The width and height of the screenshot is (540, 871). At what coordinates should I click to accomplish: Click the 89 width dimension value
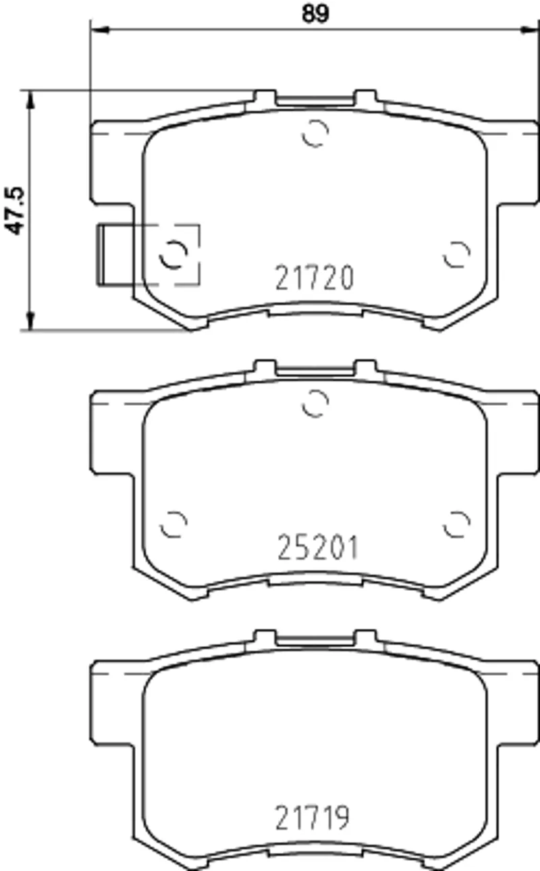point(315,14)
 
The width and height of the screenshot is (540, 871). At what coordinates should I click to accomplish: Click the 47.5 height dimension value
point(15,211)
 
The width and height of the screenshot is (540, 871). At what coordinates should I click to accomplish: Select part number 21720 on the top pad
point(315,278)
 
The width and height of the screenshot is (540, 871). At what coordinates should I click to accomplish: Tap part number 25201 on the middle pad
point(317,548)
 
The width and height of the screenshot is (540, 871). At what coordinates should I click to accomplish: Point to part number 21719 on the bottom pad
point(313,817)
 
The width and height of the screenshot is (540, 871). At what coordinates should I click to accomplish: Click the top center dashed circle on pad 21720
point(315,133)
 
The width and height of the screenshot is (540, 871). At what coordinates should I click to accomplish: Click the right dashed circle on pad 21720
point(457,254)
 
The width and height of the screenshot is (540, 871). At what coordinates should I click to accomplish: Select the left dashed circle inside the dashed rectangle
point(173,254)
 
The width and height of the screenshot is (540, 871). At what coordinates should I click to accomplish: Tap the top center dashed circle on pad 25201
point(315,403)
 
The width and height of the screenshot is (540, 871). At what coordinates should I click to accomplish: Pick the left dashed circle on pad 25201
point(173,524)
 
